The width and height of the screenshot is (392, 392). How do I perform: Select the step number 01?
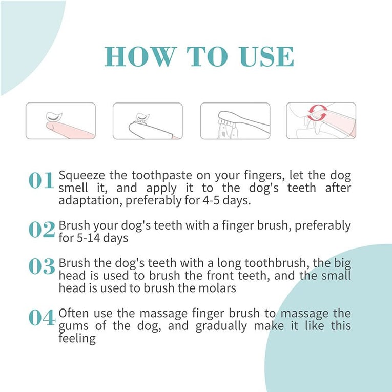42,181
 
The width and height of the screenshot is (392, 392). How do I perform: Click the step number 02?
42,231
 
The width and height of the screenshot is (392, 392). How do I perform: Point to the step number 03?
42,267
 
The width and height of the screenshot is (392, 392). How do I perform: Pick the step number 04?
42,318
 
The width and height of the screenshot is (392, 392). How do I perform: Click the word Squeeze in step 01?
80,176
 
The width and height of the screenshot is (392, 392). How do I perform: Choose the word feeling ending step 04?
77,338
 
